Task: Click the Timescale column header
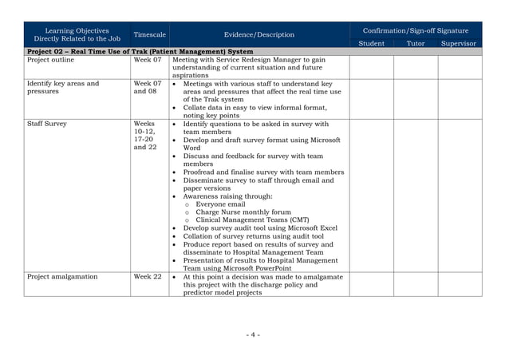click(150, 35)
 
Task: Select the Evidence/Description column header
click(258, 35)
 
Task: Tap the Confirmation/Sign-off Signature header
click(415, 30)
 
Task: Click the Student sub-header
click(372, 43)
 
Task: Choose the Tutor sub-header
click(416, 43)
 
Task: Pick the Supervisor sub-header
click(459, 43)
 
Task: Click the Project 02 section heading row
click(140, 51)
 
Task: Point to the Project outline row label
click(50, 60)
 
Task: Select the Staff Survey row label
click(47, 125)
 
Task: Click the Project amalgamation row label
click(62, 277)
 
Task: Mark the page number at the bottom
click(253, 334)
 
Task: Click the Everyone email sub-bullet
click(220, 204)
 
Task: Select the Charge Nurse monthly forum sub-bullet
click(243, 212)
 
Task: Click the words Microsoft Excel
click(308, 228)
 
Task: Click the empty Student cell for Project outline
click(372, 67)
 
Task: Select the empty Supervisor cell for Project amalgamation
click(460, 284)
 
